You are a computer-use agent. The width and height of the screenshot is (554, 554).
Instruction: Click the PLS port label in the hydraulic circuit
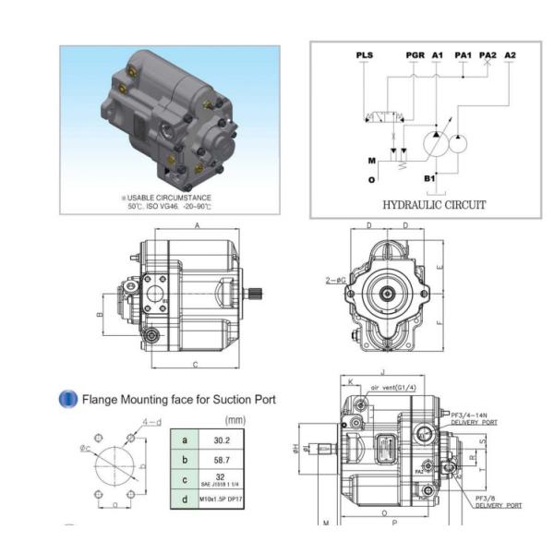click(x=365, y=55)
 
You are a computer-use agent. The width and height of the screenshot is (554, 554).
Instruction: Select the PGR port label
click(x=415, y=55)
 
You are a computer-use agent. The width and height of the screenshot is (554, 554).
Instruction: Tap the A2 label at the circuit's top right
click(x=510, y=55)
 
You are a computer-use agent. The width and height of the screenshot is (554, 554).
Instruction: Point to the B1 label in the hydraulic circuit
click(x=429, y=176)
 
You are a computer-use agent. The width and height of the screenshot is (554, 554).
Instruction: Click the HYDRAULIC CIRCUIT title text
click(x=427, y=204)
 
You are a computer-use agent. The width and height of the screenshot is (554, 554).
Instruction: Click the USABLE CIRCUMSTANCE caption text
click(x=171, y=197)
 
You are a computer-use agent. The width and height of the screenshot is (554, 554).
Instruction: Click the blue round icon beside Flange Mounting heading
click(x=67, y=399)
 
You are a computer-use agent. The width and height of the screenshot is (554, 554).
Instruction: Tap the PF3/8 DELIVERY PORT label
click(x=498, y=501)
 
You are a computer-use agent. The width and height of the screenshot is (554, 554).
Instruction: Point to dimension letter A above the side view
click(x=197, y=225)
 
